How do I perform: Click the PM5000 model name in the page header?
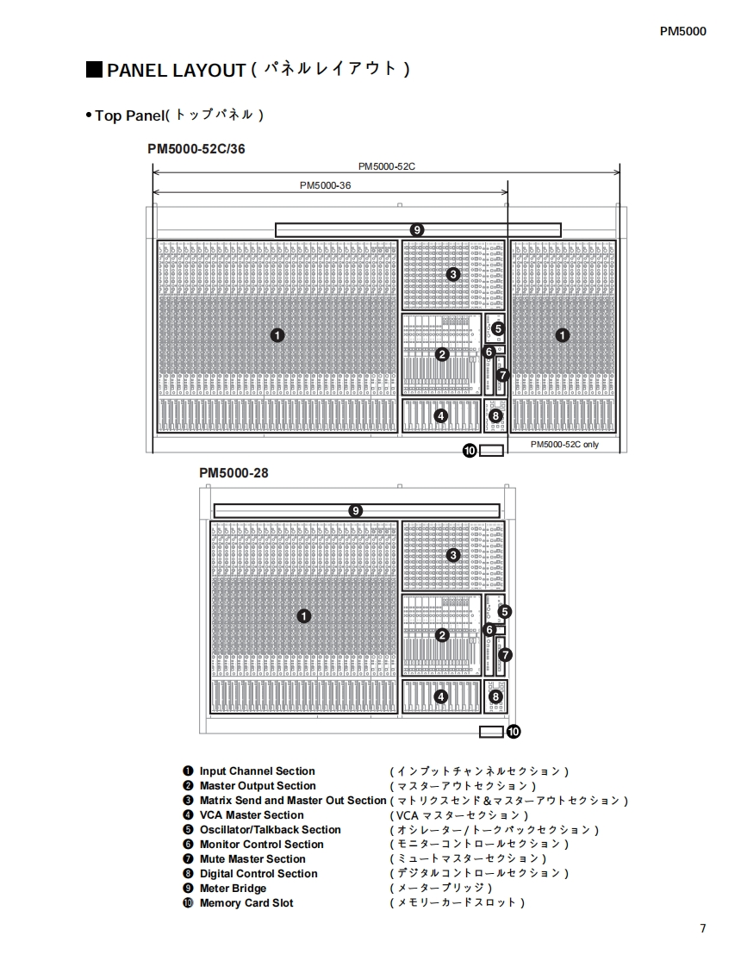[x=682, y=31]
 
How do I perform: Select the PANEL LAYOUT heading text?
[x=176, y=70]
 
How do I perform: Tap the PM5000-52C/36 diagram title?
[x=196, y=148]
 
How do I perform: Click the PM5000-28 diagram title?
[x=234, y=472]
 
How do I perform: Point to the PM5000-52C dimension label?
[x=386, y=166]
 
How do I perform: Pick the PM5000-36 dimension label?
[x=325, y=184]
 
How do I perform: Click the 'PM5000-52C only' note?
[x=564, y=445]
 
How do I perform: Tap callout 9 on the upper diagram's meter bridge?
[x=417, y=230]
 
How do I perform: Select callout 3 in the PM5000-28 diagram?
[x=453, y=555]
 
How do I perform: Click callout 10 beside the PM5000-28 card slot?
[x=514, y=732]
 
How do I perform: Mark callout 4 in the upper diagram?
[x=441, y=415]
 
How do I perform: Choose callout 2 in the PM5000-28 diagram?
[x=442, y=636]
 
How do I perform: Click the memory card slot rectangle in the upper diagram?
[x=491, y=450]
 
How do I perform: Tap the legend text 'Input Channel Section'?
[x=257, y=771]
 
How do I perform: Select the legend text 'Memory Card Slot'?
[x=246, y=903]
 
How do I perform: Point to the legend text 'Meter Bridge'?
[x=233, y=889]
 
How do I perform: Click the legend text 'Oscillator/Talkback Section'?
[x=270, y=830]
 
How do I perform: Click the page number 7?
[x=702, y=928]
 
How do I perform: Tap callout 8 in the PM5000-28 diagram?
[x=495, y=697]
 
